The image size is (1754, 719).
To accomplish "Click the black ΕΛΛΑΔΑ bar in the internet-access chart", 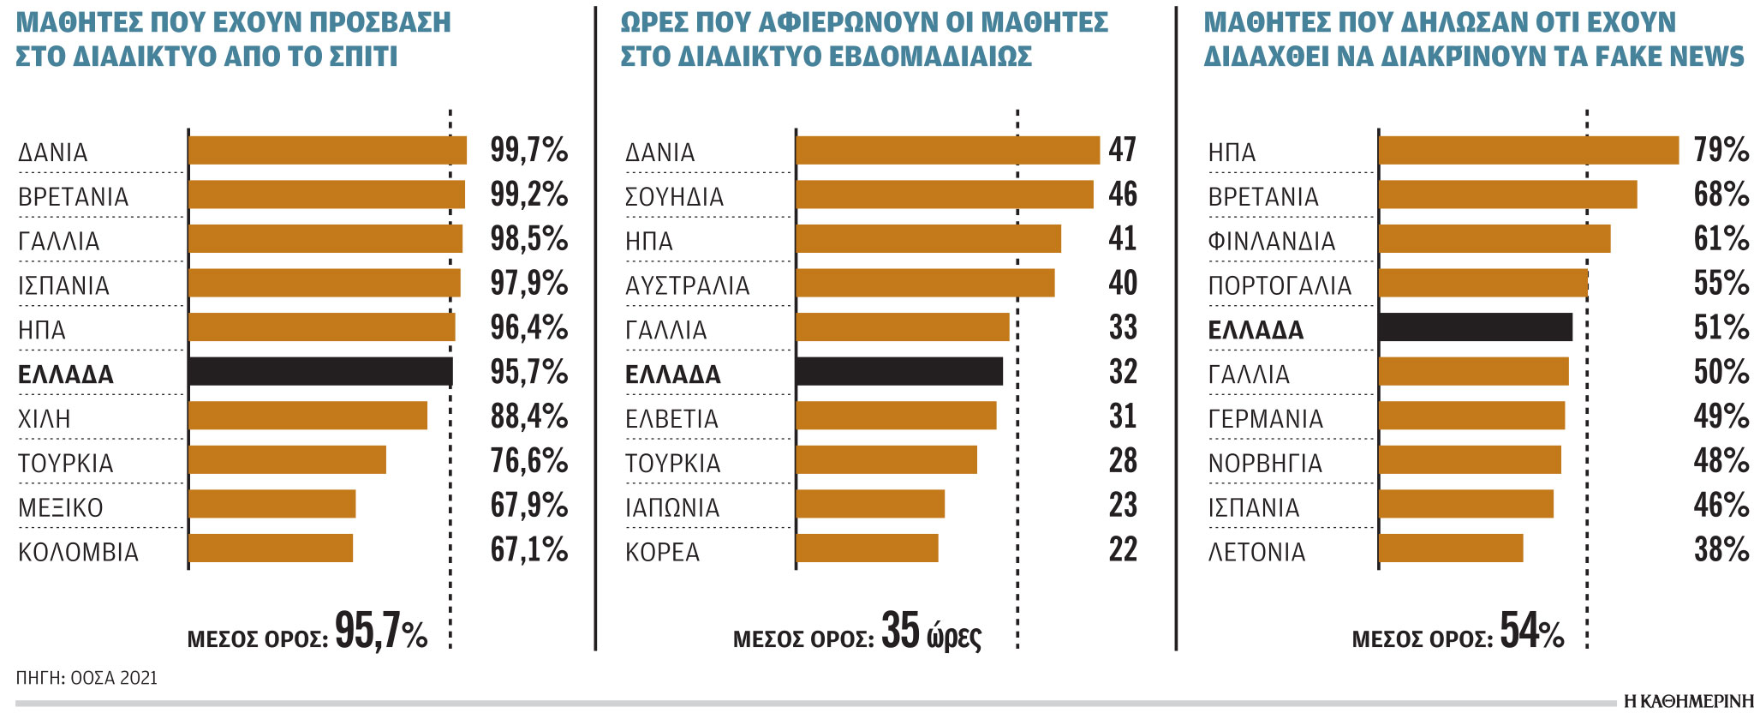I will (x=319, y=371).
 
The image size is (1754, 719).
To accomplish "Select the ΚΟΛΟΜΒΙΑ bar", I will (x=270, y=548).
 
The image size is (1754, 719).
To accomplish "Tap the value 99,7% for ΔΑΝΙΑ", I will (x=528, y=150).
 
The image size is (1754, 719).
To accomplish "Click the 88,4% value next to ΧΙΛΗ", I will (x=528, y=416).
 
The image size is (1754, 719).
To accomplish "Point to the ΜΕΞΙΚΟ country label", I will (x=61, y=507).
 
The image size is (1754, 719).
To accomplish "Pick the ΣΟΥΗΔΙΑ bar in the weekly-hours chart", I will (x=944, y=195).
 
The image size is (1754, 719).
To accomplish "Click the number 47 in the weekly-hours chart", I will (x=1122, y=150).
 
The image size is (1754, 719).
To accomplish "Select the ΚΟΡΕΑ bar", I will (x=867, y=548).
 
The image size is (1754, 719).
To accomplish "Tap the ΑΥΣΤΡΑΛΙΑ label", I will (x=687, y=285).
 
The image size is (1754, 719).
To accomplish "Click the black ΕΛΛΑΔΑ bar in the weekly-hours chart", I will (x=898, y=371).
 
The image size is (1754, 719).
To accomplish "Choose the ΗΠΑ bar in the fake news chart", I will (x=1528, y=150).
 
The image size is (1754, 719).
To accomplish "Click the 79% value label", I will (x=1721, y=150).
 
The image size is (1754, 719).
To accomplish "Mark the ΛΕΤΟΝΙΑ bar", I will (x=1450, y=548).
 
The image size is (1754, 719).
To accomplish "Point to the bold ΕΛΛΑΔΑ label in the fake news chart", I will (x=1256, y=330).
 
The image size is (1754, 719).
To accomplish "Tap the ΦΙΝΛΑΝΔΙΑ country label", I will (x=1271, y=241).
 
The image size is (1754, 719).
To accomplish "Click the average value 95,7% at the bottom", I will (x=380, y=632).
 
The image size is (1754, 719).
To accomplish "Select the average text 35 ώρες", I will (x=931, y=632).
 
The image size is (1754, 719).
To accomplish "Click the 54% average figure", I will (x=1531, y=632).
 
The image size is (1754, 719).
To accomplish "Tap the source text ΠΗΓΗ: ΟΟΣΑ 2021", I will (x=87, y=678).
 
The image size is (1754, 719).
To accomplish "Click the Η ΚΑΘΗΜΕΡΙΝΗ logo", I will (x=1688, y=701).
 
